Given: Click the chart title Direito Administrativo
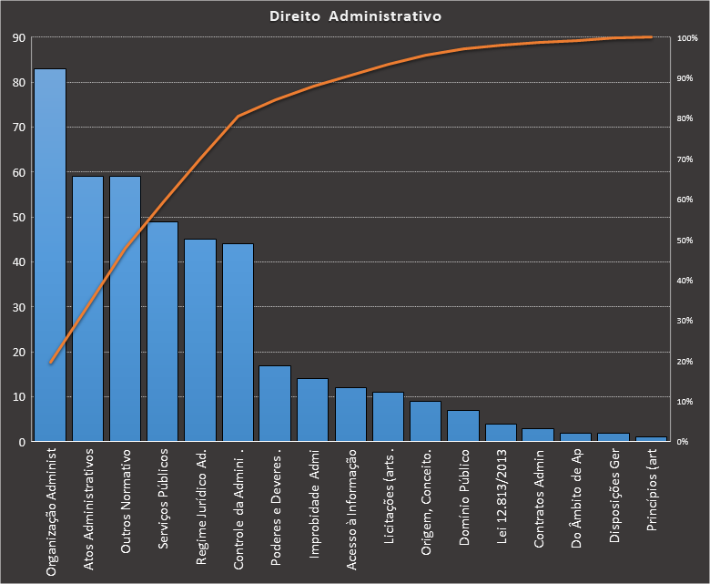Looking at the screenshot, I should (x=355, y=16).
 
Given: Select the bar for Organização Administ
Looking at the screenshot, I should (x=50, y=255).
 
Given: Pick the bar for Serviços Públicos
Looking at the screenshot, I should (x=162, y=332).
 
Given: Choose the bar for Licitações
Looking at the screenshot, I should (x=388, y=417).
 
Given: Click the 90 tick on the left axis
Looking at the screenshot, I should (x=18, y=38).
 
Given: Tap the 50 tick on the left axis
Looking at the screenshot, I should (x=18, y=218).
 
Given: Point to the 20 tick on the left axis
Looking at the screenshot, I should (x=18, y=352).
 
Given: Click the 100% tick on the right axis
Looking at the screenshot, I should (x=687, y=38).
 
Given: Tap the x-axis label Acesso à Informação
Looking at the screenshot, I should (x=351, y=509).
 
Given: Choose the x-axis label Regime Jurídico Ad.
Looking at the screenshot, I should (x=201, y=507).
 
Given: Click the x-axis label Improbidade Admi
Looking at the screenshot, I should (x=313, y=500).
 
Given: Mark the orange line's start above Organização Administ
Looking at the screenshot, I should (x=50, y=363).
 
